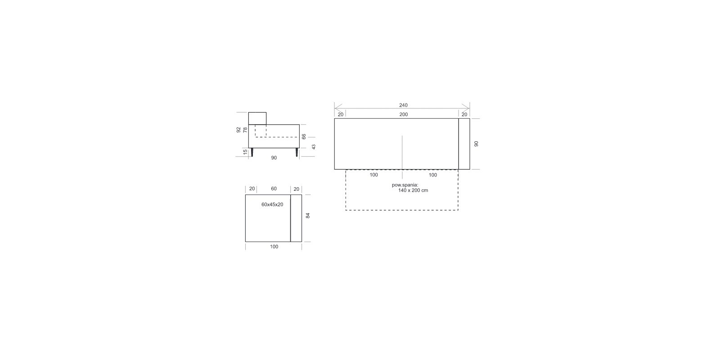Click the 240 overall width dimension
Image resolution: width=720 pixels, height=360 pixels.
click(403, 105)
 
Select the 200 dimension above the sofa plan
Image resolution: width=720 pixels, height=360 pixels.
click(403, 114)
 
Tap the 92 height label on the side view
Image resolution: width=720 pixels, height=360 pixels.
click(238, 130)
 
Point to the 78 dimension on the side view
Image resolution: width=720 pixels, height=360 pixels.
click(245, 130)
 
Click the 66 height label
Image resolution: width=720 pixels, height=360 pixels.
click(304, 137)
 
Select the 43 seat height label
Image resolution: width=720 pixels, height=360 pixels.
click(314, 147)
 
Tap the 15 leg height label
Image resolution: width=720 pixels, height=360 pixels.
click(245, 152)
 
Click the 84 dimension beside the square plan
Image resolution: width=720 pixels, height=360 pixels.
click(308, 216)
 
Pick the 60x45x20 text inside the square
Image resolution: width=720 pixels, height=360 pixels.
click(272, 204)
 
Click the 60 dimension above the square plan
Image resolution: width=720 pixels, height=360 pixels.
click(274, 189)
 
